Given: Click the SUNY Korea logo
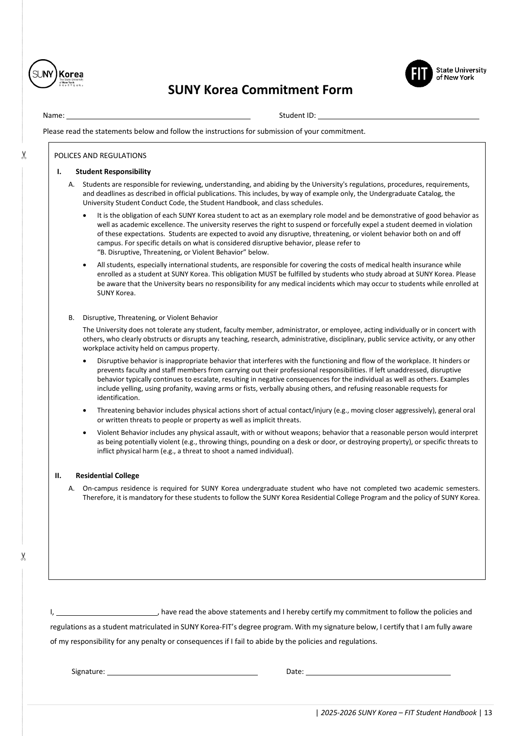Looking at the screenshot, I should point(56,74).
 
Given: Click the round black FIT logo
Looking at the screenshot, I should point(419,74).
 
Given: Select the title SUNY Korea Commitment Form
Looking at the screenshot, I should point(260,90).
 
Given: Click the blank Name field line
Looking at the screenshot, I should point(158,116).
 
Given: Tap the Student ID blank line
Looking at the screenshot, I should point(398,116).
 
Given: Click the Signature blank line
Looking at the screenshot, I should point(182,672).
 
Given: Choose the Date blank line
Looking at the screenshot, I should point(378,672).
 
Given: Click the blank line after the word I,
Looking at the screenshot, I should point(107,613).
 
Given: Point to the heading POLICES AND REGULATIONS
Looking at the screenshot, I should point(100,156).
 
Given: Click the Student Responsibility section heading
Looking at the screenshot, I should point(113,172).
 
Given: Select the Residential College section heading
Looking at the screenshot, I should point(107,476).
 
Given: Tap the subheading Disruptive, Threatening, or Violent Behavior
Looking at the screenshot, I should point(150,318).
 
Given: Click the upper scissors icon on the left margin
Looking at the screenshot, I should point(23,155).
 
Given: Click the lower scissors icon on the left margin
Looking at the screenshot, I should point(23,557).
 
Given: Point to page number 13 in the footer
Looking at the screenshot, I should point(488,713).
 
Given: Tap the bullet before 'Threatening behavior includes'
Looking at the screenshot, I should point(86,411).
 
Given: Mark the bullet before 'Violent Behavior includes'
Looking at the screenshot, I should point(86,433).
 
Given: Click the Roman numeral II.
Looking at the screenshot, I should point(58,476).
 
